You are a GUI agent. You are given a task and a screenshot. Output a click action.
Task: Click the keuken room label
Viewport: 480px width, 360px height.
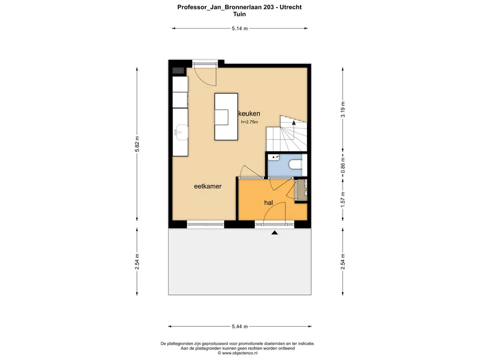click(x=249, y=113)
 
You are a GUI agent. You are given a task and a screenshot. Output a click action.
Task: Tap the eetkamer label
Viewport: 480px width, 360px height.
click(x=208, y=186)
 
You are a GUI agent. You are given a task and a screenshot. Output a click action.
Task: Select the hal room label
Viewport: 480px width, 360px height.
click(x=269, y=202)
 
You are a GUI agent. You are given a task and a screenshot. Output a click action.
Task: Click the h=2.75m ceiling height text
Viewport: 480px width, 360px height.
click(x=249, y=122)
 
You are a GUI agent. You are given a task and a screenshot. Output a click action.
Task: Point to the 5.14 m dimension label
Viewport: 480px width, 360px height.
click(x=240, y=29)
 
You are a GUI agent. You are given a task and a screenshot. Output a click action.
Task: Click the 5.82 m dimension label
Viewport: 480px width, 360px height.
click(x=137, y=144)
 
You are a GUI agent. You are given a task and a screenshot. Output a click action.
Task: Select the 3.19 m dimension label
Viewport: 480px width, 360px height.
click(x=343, y=109)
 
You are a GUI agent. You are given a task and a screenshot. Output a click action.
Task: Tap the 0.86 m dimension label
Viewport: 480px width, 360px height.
click(x=343, y=165)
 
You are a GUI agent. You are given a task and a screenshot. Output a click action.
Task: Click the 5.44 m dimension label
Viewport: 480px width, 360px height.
click(x=240, y=326)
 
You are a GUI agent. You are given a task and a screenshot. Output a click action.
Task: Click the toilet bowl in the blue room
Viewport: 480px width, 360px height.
click(x=295, y=165)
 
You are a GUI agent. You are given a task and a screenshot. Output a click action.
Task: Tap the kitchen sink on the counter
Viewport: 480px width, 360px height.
click(x=181, y=132)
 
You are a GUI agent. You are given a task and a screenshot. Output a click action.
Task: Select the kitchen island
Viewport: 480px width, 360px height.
click(x=226, y=117)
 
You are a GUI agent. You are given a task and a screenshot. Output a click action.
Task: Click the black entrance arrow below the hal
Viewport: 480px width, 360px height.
click(x=275, y=232)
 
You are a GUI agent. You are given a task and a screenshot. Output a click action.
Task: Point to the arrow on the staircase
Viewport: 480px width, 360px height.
click(x=293, y=123)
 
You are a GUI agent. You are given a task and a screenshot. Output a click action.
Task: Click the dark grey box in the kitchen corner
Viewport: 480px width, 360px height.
click(x=178, y=71)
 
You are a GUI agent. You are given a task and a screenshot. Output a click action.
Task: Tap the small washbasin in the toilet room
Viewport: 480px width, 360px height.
click(x=274, y=157)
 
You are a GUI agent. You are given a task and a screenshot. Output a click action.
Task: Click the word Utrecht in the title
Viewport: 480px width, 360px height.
click(x=291, y=7)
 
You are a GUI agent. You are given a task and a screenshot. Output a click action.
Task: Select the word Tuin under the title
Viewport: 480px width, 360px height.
click(x=240, y=14)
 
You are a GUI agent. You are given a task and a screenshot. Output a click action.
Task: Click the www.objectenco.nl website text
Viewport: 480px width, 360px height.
click(x=240, y=353)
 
